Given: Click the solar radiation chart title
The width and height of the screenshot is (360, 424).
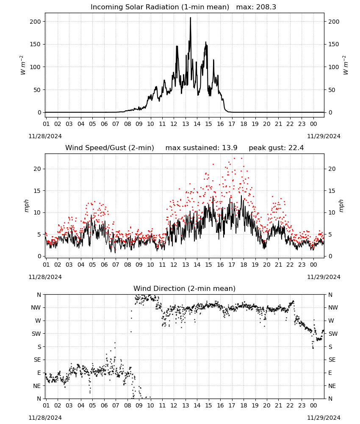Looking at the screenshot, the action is click(x=183, y=7).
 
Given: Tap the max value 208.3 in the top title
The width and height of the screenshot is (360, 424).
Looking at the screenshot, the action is click(x=266, y=7).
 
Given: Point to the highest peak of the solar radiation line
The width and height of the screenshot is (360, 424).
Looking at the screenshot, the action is click(x=191, y=17).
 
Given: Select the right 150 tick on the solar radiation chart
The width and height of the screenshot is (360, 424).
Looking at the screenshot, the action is click(x=334, y=45).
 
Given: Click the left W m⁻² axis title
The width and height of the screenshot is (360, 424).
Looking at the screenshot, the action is click(x=23, y=65).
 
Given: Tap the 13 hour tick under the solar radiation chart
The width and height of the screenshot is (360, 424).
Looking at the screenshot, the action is click(x=186, y=124).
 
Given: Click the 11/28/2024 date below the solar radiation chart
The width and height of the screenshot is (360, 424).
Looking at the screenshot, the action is click(x=45, y=136).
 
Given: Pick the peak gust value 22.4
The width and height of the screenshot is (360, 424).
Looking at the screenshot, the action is click(x=296, y=148).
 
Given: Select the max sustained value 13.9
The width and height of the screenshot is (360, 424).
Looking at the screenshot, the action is click(x=230, y=148).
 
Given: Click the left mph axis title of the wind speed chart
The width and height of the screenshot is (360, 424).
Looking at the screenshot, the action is click(x=26, y=206).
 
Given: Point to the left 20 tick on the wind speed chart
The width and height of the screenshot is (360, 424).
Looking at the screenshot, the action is click(x=37, y=169).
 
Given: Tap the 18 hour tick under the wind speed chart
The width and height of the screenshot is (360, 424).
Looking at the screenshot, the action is click(x=244, y=265).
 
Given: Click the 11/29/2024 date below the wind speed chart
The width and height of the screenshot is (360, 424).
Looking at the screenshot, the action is click(x=324, y=277).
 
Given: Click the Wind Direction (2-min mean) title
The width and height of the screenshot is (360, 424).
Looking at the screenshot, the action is click(x=185, y=288).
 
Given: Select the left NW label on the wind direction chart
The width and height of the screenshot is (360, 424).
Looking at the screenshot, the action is click(x=36, y=308).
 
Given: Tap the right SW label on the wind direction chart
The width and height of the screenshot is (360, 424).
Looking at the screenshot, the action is click(x=333, y=334).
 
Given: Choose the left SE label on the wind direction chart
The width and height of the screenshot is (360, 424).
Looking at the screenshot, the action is click(x=37, y=360).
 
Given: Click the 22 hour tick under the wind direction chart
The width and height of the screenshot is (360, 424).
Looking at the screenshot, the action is click(x=290, y=405).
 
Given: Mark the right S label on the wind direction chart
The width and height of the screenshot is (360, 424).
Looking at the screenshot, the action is click(x=330, y=347).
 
